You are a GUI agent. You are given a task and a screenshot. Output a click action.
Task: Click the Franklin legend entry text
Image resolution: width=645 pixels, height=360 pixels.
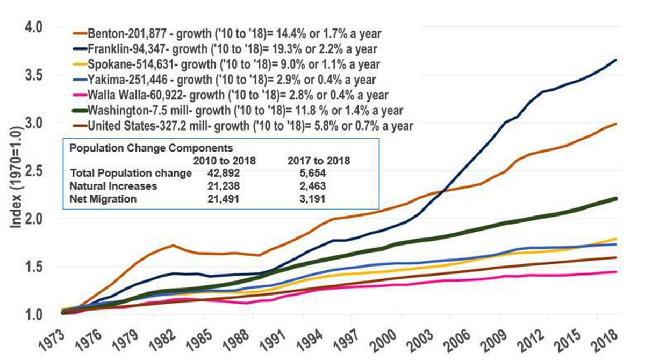pos(232,49)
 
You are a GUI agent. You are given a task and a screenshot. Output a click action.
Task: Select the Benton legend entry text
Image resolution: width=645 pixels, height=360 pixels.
pos(234,34)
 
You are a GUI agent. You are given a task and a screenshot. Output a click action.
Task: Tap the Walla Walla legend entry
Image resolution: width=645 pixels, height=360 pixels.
pos(238,95)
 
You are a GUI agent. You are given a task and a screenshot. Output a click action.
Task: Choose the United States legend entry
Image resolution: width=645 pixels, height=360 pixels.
pos(250,126)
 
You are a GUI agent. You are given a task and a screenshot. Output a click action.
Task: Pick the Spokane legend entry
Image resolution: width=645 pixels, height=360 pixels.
pos(234,64)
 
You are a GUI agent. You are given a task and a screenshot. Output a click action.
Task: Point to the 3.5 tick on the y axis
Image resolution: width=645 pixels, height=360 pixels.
pos(34,75)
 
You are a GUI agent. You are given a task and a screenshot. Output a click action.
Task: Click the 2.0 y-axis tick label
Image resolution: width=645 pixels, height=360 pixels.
pos(34,219)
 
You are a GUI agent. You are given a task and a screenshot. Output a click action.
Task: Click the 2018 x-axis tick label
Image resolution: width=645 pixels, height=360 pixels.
pos(604,341)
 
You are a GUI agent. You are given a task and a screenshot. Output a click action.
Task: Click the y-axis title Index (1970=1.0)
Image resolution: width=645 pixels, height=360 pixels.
pos(16,177)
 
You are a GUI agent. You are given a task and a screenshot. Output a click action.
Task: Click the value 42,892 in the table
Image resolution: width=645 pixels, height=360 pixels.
pos(224,173)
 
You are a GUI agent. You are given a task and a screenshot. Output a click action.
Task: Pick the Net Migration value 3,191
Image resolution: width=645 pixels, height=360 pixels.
pos(312,199)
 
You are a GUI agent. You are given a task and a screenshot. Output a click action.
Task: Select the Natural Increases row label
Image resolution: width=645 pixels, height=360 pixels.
pos(113,186)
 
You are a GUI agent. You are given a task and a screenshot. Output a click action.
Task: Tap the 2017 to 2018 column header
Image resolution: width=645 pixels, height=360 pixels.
pos(319,161)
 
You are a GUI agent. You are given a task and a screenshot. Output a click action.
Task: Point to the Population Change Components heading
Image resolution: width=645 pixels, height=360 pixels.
pos(151,148)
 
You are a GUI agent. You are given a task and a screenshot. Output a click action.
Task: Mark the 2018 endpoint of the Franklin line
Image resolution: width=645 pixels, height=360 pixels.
pos(615,60)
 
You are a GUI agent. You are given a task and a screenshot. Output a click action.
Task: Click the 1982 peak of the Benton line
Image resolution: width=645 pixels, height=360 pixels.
pos(173,245)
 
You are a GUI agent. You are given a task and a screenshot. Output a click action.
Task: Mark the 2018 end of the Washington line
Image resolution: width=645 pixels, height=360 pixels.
pos(615,199)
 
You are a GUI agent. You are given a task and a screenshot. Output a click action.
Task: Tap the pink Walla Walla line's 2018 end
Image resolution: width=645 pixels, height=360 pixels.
pos(615,272)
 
